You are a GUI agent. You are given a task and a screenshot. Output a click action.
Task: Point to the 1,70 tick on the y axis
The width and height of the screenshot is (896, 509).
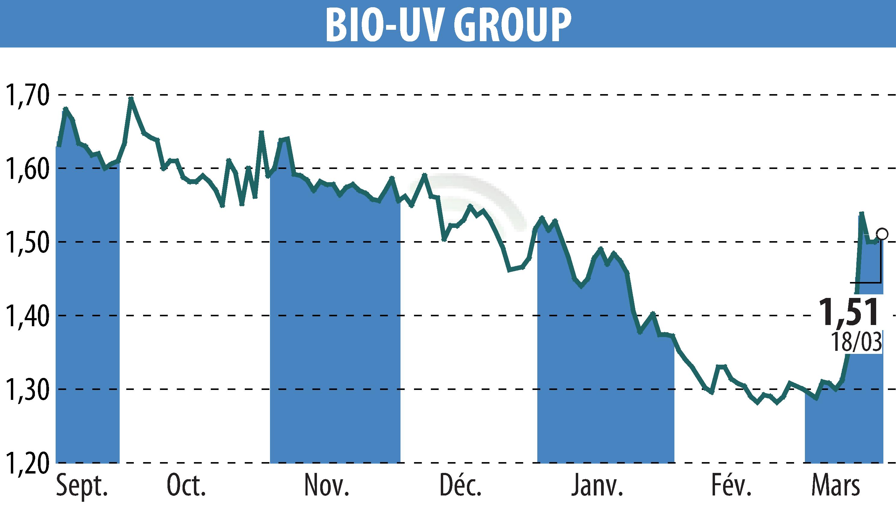(x=26, y=95)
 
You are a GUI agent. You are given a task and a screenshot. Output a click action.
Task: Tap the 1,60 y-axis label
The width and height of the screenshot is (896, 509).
(x=26, y=168)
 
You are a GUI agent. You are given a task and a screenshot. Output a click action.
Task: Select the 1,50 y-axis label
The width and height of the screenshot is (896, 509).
(x=26, y=242)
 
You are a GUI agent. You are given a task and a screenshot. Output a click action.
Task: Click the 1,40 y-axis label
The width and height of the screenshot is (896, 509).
(x=26, y=315)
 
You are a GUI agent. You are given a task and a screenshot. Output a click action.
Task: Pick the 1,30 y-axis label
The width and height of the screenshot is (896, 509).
(x=26, y=389)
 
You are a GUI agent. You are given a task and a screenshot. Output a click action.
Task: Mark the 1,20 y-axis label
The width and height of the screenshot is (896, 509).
(x=26, y=462)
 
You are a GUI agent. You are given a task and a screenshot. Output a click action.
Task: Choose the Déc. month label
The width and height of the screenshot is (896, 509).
(x=460, y=485)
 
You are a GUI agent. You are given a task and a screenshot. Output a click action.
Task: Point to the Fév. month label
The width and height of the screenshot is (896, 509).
(x=731, y=485)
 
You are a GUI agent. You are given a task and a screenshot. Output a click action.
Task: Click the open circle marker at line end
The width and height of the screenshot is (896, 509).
(x=882, y=234)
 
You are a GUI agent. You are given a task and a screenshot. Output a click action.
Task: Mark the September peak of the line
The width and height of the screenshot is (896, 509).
(x=65, y=109)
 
